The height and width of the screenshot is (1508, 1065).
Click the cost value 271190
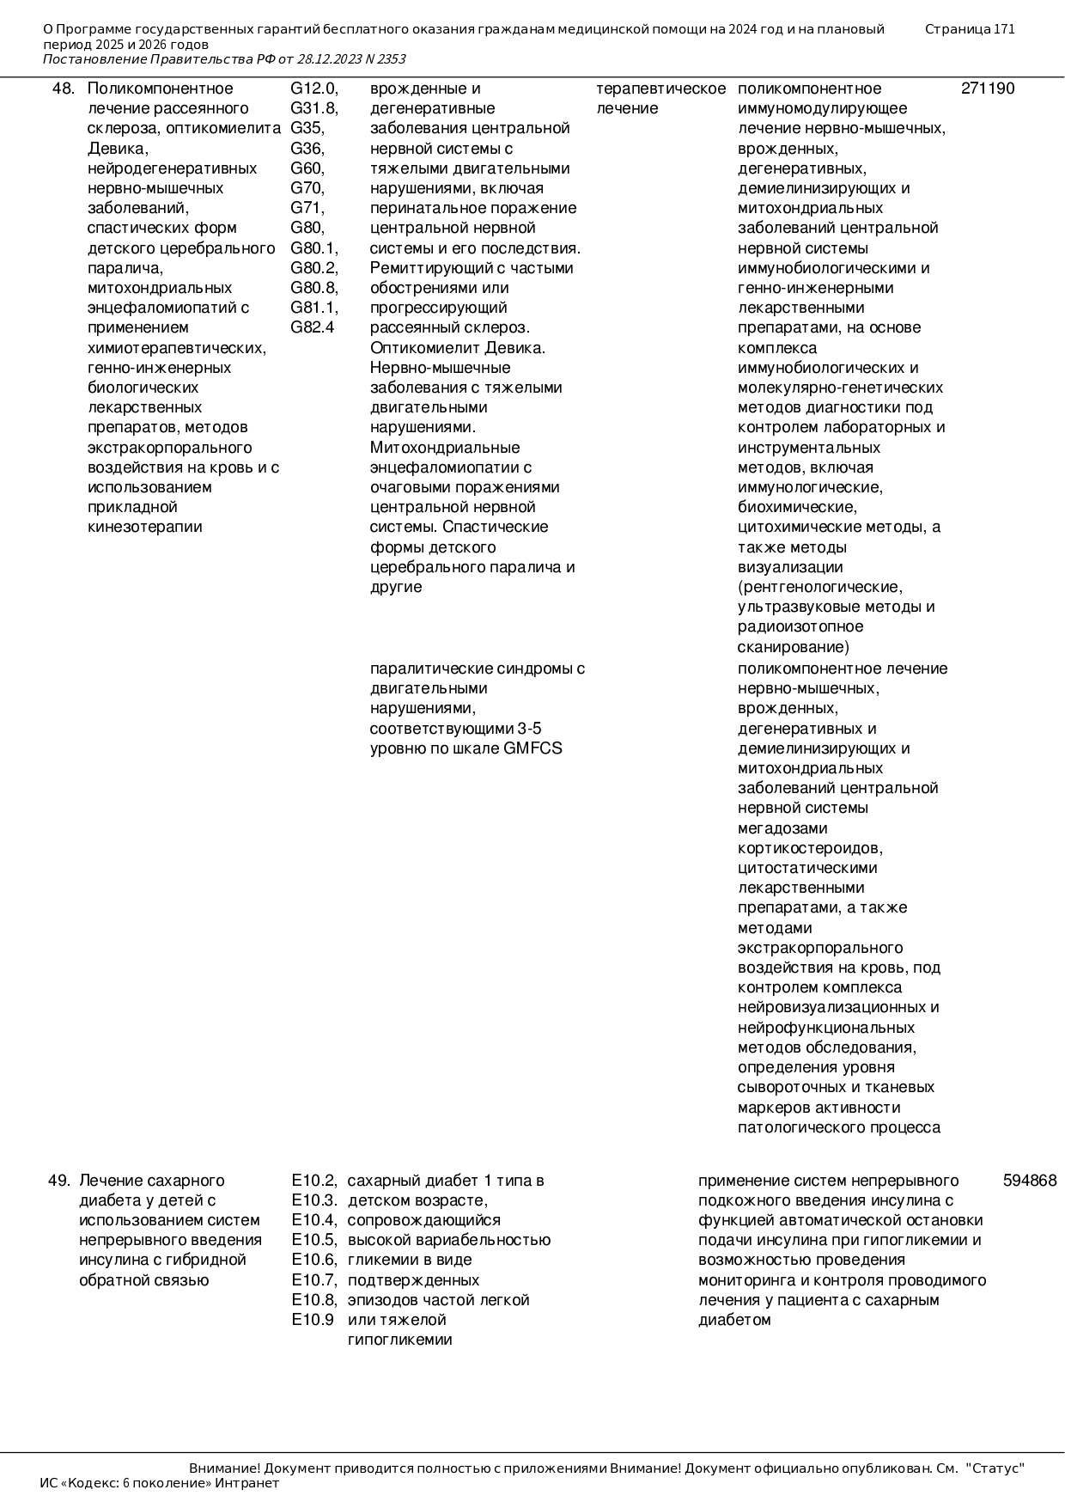987,89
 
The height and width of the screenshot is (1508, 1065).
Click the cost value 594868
1029,1181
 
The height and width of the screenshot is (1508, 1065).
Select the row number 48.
64,89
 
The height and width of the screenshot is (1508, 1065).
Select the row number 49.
58,1181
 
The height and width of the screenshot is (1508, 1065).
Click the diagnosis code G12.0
313,89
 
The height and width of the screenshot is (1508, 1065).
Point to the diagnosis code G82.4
312,327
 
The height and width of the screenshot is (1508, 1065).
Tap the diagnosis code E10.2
313,1181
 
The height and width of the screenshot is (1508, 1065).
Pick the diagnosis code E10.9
312,1320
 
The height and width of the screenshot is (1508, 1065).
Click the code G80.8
313,288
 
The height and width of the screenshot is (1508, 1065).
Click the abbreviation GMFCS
532,748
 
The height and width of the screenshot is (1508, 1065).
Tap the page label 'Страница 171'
970,29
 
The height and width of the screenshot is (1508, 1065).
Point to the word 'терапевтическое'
660,89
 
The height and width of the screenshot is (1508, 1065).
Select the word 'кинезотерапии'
145,527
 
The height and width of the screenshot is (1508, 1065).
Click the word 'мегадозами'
782,828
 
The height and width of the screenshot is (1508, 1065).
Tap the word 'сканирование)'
793,647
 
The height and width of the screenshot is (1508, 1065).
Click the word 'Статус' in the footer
996,1468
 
